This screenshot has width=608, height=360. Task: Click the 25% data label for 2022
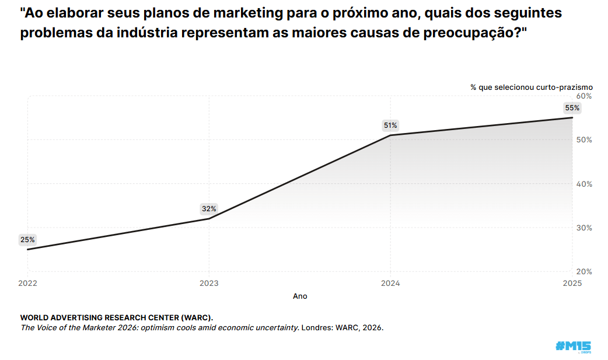[27, 239]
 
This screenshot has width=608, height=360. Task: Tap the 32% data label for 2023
[209, 208]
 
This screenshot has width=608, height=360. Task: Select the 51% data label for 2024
[390, 125]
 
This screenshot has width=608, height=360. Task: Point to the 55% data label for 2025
[572, 107]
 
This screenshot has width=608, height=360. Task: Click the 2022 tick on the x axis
[27, 284]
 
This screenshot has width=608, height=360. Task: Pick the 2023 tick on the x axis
[209, 284]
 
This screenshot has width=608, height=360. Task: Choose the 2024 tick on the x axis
[390, 284]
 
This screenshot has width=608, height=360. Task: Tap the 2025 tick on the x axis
[572, 284]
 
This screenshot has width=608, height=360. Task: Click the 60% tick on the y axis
[584, 96]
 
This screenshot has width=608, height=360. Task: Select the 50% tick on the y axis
[584, 140]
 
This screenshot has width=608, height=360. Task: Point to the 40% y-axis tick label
[584, 184]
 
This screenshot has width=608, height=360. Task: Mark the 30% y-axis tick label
[584, 228]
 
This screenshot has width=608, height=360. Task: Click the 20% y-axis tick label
[584, 271]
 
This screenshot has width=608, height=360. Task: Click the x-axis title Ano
[300, 296]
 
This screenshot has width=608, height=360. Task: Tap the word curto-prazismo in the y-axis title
[564, 87]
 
